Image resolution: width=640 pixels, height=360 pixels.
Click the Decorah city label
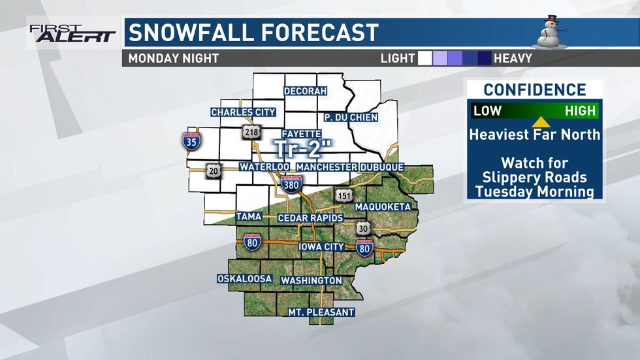pos(304,91)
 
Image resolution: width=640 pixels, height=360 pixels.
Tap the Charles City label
pos(243,112)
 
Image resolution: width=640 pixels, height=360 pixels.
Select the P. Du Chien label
pos(351,118)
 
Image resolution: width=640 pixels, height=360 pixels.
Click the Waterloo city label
pos(264,167)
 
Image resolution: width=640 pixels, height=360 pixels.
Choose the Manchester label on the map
pos(326,167)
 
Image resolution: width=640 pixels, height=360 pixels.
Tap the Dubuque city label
pos(381,167)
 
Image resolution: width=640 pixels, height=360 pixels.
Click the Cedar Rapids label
pos(310,217)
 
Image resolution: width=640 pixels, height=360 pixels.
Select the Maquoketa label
pos(383,207)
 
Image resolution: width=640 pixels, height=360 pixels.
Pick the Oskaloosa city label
pos(244,278)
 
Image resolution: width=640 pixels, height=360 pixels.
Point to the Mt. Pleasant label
pos(321,312)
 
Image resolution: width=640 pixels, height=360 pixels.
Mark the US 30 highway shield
pos(363,229)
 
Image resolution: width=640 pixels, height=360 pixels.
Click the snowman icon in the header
pos(551,32)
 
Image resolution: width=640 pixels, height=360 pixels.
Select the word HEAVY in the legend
pos(513,58)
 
